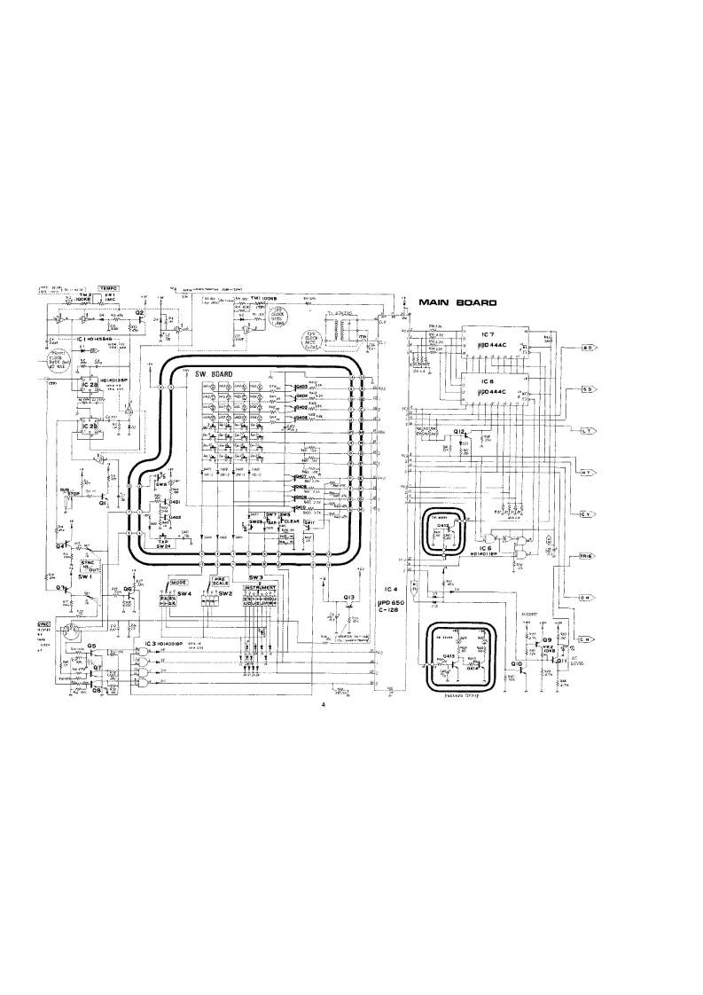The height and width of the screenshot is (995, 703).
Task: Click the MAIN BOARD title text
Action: (457, 303)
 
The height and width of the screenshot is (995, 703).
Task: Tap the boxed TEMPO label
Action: (110, 288)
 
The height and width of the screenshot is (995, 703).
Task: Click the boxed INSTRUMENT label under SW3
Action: (267, 587)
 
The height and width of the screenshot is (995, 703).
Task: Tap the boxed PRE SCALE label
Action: (221, 582)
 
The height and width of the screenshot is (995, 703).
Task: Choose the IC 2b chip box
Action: (91, 427)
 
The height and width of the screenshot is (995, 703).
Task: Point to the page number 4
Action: (324, 705)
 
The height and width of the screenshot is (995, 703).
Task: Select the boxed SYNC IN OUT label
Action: (88, 565)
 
